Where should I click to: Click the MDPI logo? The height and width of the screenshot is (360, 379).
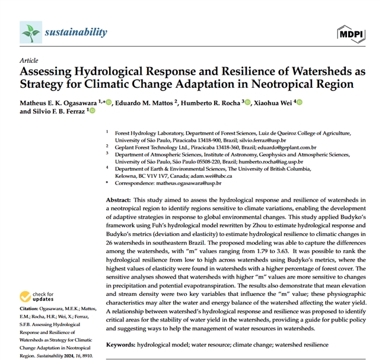point(350,33)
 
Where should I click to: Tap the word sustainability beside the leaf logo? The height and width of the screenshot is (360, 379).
point(76,32)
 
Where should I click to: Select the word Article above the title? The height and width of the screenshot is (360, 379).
point(29,60)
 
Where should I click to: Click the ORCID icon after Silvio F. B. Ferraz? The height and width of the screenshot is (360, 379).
point(92,111)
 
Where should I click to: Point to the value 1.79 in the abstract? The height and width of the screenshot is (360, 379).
point(266,251)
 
